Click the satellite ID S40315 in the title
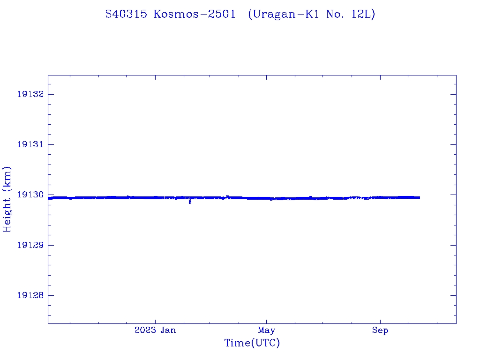click(127, 15)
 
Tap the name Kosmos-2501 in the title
click(195, 15)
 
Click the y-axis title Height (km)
click(7, 199)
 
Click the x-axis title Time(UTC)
click(252, 343)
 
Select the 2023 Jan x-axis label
click(155, 330)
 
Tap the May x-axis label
click(266, 330)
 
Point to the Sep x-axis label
click(380, 330)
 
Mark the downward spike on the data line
click(190, 202)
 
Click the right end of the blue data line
click(419, 197)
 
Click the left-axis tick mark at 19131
click(51, 144)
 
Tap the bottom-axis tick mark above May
click(266, 321)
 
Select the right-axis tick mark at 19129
click(453, 245)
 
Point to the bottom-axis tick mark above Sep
click(380, 321)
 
